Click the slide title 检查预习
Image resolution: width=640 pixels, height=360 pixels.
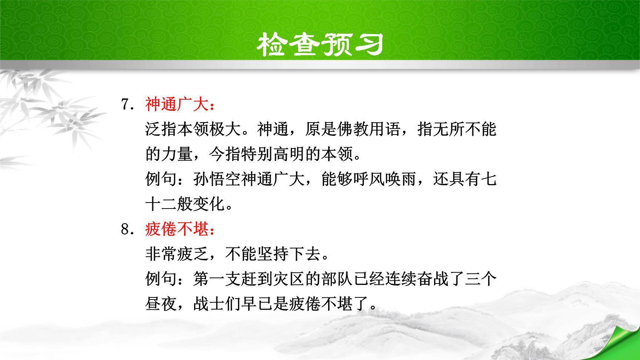[320, 45]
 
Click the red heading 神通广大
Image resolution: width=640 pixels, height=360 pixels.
[177, 105]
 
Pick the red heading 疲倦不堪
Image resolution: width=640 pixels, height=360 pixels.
[177, 230]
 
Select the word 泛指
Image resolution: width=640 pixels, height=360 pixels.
[161, 130]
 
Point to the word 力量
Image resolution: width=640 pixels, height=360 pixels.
[177, 154]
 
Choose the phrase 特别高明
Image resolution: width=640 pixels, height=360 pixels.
[273, 154]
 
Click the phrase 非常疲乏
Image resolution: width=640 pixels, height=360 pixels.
[177, 254]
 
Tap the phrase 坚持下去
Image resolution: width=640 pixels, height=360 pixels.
[289, 254]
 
